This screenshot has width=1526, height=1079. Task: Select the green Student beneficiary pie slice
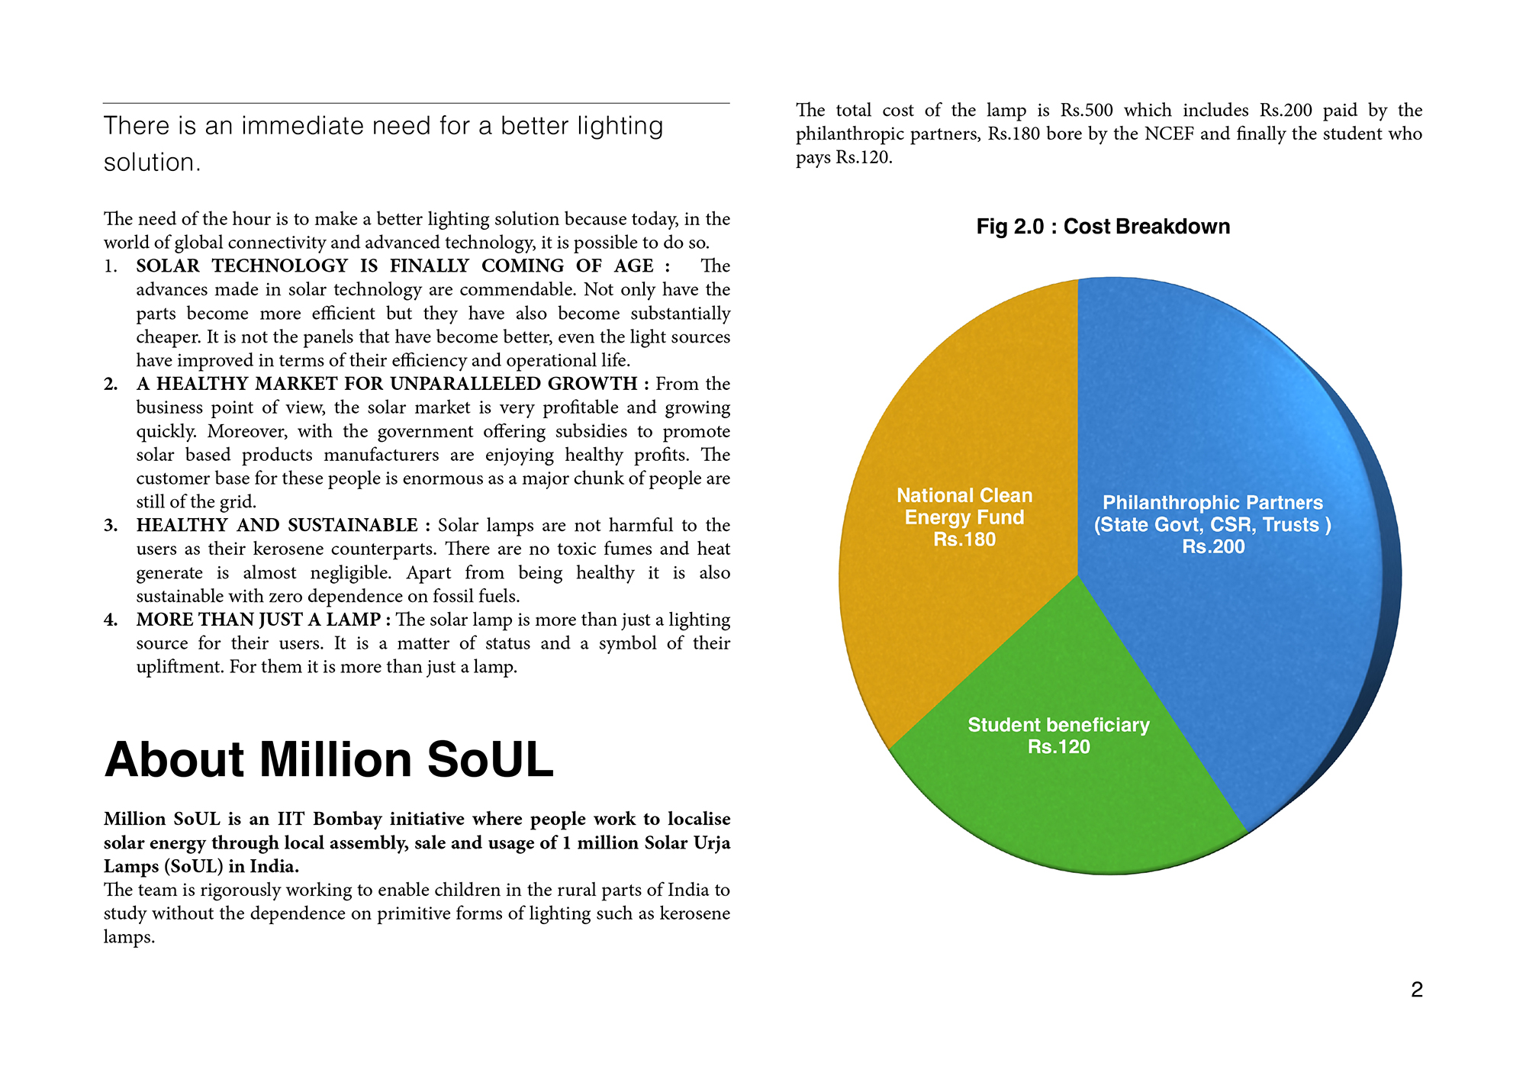click(1068, 801)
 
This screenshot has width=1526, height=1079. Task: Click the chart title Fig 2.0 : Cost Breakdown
click(1103, 227)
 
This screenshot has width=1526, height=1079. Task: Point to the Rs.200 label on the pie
click(1213, 547)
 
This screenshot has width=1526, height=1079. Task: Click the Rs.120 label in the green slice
click(1058, 747)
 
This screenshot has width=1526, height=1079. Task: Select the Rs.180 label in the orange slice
click(964, 539)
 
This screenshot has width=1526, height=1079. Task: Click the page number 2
click(1416, 990)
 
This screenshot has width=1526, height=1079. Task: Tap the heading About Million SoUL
click(329, 760)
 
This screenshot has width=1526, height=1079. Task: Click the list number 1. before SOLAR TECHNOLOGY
click(111, 266)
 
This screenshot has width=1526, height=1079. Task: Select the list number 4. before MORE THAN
click(111, 620)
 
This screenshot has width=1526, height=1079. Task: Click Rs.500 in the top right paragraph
click(1087, 111)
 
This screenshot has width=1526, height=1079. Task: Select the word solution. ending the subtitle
click(152, 163)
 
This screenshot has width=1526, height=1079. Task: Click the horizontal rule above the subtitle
click(417, 103)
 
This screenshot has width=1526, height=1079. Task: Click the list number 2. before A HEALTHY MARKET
click(111, 384)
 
